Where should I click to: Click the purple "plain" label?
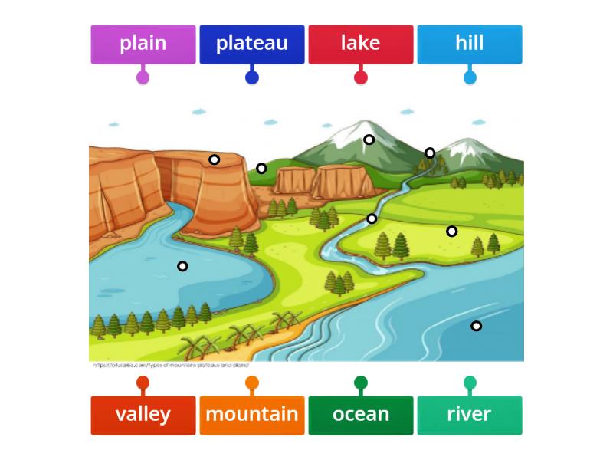pos(143,44)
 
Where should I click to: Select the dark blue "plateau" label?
pos(252,44)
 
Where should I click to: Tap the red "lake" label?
pos(361,44)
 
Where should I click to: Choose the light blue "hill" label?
pos(470,44)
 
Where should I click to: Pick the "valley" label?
pos(143,415)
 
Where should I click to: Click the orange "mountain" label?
pos(252,415)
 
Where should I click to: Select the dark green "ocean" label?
pos(361,415)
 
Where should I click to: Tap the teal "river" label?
pos(470,415)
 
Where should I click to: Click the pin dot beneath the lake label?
pos(361,77)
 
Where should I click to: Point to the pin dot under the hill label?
pos(470,77)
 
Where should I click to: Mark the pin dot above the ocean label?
pos(361,383)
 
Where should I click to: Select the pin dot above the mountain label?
pos(252,383)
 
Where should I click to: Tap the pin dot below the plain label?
pos(143,77)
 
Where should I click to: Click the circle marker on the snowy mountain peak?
pos(369,140)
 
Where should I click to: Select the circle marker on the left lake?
pos(182,266)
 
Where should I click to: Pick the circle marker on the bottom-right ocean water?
pos(476,326)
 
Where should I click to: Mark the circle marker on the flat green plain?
pos(452,231)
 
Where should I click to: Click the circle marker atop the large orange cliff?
pos(215,159)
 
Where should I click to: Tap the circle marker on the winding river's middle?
pos(372,219)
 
